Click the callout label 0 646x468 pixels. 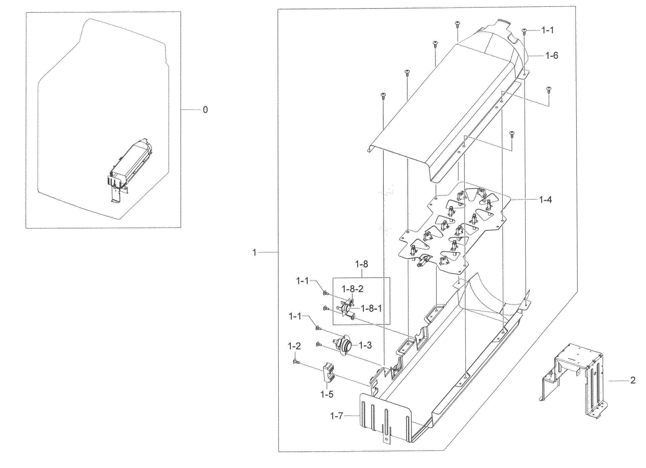click(x=205, y=110)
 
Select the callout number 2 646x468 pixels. click(x=633, y=380)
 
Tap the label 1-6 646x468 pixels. click(x=552, y=56)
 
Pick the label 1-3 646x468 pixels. click(x=365, y=345)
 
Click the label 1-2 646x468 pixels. click(x=294, y=346)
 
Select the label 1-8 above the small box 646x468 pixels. click(x=361, y=264)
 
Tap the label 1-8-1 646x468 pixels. click(x=371, y=308)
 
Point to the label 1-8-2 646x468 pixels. click(x=353, y=289)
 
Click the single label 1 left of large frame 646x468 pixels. click(x=255, y=252)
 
